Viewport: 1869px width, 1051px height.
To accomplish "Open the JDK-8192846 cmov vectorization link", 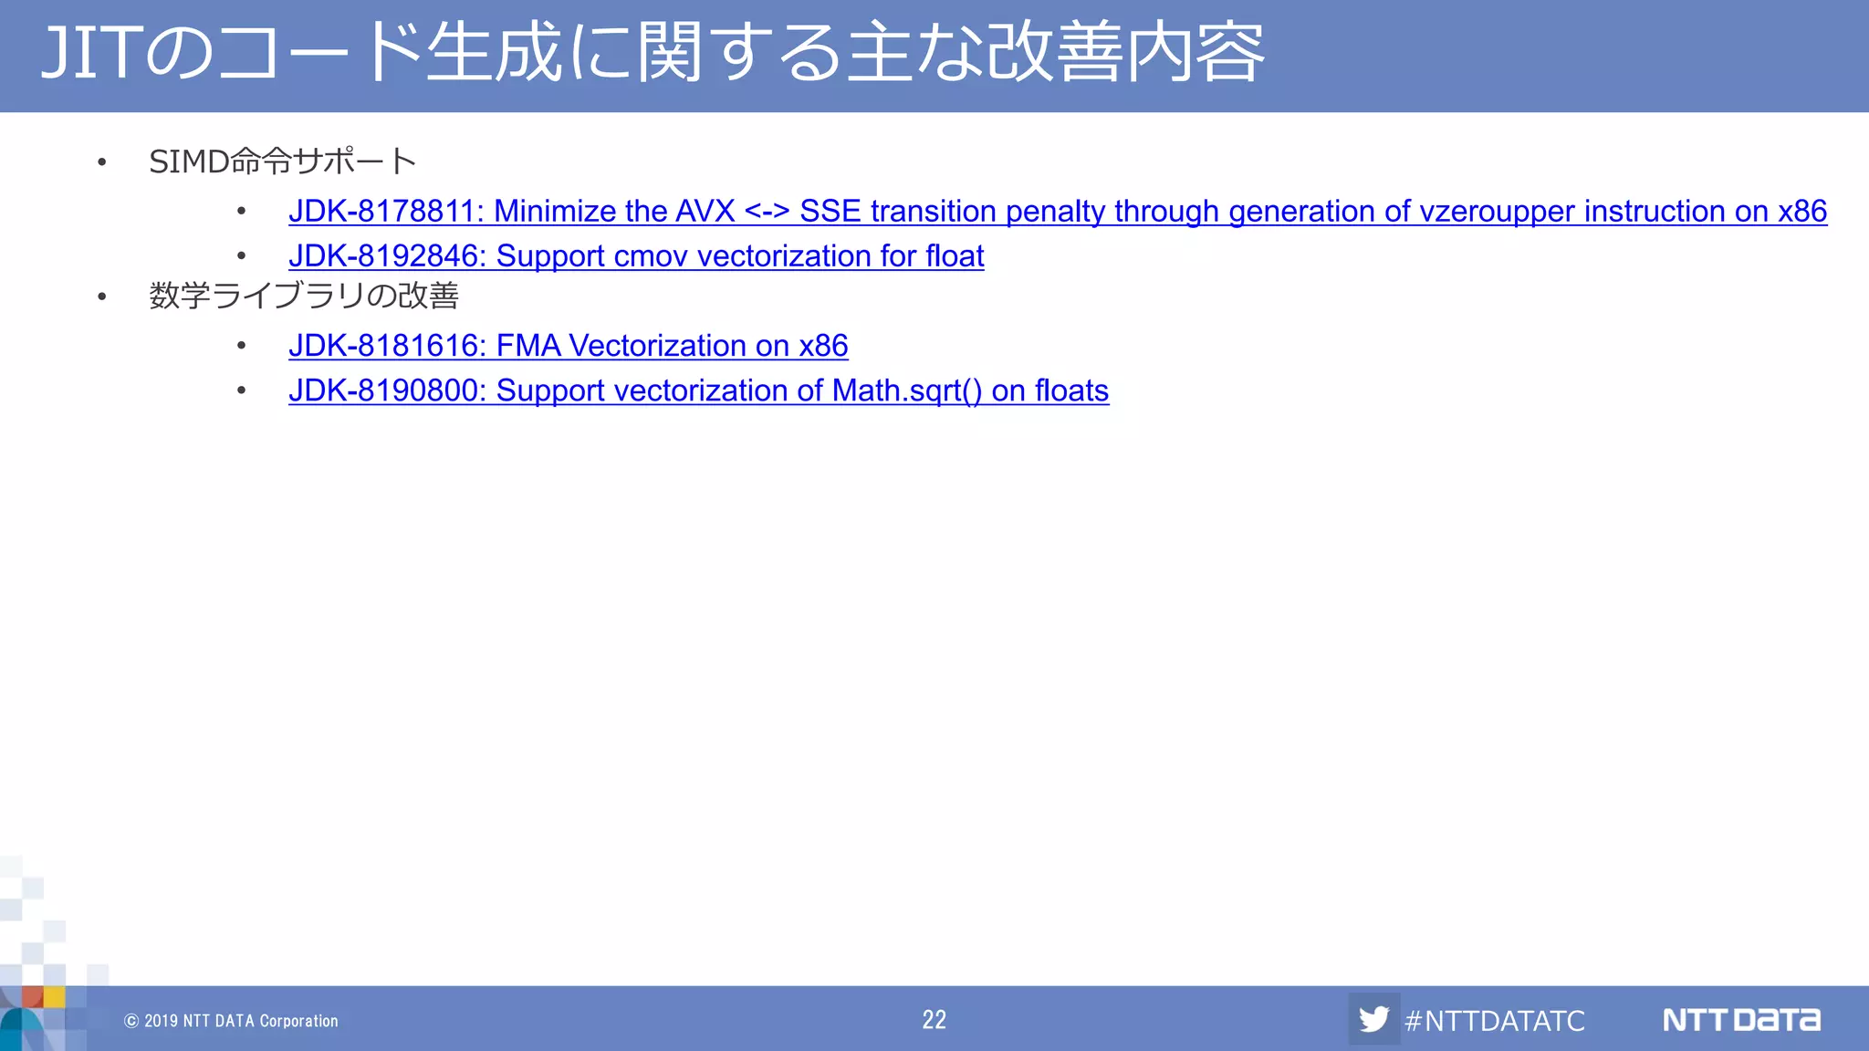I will (x=636, y=256).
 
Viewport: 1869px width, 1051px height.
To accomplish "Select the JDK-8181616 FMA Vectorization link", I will (x=568, y=346).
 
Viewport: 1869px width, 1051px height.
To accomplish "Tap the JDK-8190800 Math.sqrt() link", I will (x=698, y=390).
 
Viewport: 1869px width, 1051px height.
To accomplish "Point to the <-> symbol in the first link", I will (x=767, y=212).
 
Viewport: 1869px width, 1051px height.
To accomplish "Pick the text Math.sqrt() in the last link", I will (x=907, y=390).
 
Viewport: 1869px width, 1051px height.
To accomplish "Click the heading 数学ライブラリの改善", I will (x=304, y=296).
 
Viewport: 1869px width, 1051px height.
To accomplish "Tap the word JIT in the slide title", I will (x=91, y=53).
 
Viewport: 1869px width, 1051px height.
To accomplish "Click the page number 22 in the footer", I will (x=934, y=1019).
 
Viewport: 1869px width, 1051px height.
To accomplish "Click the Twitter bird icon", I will (x=1373, y=1019).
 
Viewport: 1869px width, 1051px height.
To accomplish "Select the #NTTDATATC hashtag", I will (x=1495, y=1020).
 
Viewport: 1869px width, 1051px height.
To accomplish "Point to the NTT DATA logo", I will (x=1741, y=1019).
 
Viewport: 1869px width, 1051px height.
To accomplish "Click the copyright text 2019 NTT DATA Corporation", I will (x=239, y=1021).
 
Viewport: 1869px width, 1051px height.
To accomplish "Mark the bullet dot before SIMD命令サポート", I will (x=102, y=163).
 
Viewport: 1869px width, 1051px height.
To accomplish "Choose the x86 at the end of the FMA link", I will (x=823, y=346).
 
